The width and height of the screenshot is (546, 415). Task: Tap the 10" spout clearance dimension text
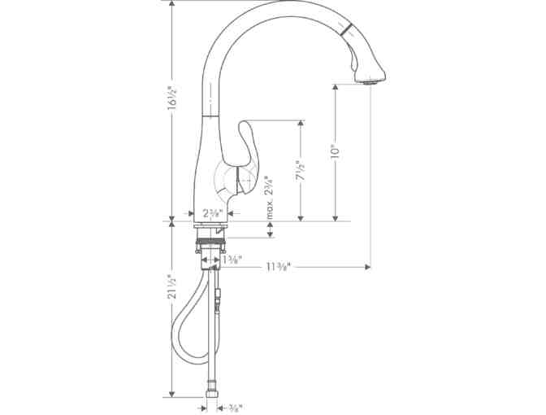[x=334, y=151]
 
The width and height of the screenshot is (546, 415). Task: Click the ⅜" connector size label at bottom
[x=235, y=407]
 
